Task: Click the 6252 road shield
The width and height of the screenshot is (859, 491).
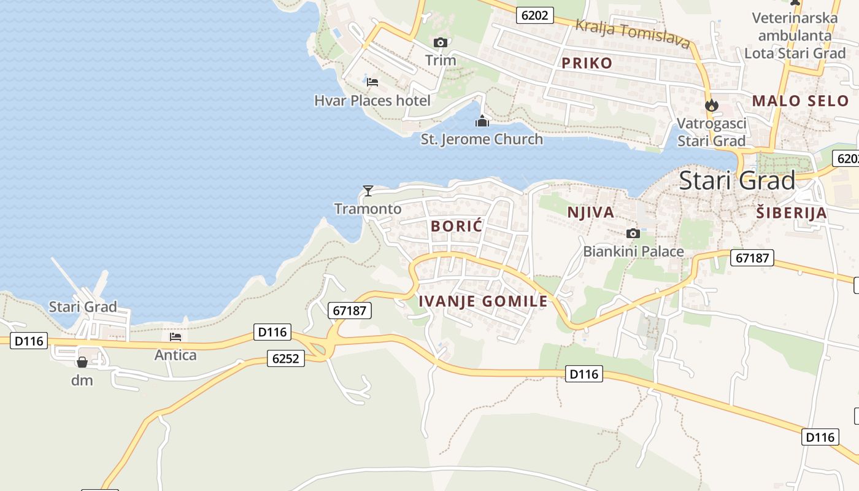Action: click(x=286, y=358)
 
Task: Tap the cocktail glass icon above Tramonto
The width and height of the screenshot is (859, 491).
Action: click(x=368, y=190)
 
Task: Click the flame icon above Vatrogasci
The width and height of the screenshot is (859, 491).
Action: click(x=712, y=105)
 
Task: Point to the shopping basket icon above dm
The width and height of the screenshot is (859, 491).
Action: click(x=82, y=362)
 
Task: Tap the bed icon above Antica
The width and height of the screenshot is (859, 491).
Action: click(x=175, y=336)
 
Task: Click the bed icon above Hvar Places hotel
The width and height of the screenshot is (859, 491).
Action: click(x=372, y=82)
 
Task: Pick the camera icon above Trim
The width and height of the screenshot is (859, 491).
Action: click(x=440, y=42)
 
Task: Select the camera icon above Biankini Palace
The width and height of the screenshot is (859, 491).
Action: click(x=633, y=233)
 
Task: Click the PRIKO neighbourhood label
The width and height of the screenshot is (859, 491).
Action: click(x=587, y=63)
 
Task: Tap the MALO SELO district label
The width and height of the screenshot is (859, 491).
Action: click(x=800, y=101)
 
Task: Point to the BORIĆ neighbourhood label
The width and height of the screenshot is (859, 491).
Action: click(x=456, y=226)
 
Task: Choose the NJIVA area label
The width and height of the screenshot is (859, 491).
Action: click(x=590, y=212)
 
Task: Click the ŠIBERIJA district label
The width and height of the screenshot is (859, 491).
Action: click(x=791, y=213)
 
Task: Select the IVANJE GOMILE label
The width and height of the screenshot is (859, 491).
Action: click(x=483, y=301)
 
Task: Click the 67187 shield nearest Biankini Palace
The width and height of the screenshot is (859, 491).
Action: click(x=752, y=258)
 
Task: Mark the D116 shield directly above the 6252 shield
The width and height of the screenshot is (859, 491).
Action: click(x=272, y=332)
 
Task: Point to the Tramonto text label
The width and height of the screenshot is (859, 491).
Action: click(x=368, y=209)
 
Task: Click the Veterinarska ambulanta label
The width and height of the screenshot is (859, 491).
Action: click(x=795, y=35)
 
